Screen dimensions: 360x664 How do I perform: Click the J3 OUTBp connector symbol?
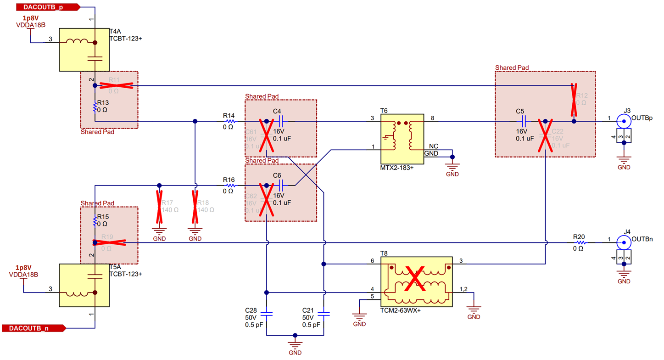coord(623,121)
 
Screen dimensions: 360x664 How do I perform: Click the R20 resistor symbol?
coord(581,242)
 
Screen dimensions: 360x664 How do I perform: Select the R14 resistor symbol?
coord(230,121)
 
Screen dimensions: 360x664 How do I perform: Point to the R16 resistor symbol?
coord(230,186)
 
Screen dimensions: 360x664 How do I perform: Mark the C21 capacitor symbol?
coord(324,314)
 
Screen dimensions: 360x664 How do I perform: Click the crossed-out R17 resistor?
coord(159,204)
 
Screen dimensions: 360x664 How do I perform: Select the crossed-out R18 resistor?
coord(195,204)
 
